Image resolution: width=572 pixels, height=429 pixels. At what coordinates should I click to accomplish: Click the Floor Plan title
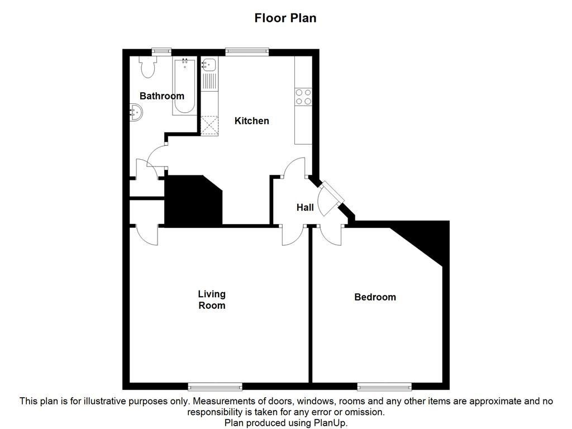285,18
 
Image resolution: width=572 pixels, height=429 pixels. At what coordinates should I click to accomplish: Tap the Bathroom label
161,96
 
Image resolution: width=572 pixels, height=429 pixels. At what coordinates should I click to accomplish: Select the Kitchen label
251,121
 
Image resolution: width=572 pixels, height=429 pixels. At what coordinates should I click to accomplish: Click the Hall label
305,207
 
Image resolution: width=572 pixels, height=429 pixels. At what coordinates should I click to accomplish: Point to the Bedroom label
375,297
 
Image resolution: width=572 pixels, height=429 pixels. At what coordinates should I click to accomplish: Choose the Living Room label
212,299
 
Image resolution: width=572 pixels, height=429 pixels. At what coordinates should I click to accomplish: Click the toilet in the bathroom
148,67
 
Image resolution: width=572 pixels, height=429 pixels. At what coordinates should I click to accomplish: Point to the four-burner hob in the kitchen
303,97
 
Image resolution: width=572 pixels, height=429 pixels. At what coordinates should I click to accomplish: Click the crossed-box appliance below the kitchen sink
209,125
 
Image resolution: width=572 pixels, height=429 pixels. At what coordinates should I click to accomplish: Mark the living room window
215,386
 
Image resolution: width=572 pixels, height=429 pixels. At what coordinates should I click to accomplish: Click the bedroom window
384,386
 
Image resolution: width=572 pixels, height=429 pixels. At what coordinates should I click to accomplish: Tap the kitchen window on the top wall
247,52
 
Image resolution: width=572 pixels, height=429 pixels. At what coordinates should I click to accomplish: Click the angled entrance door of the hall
331,197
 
